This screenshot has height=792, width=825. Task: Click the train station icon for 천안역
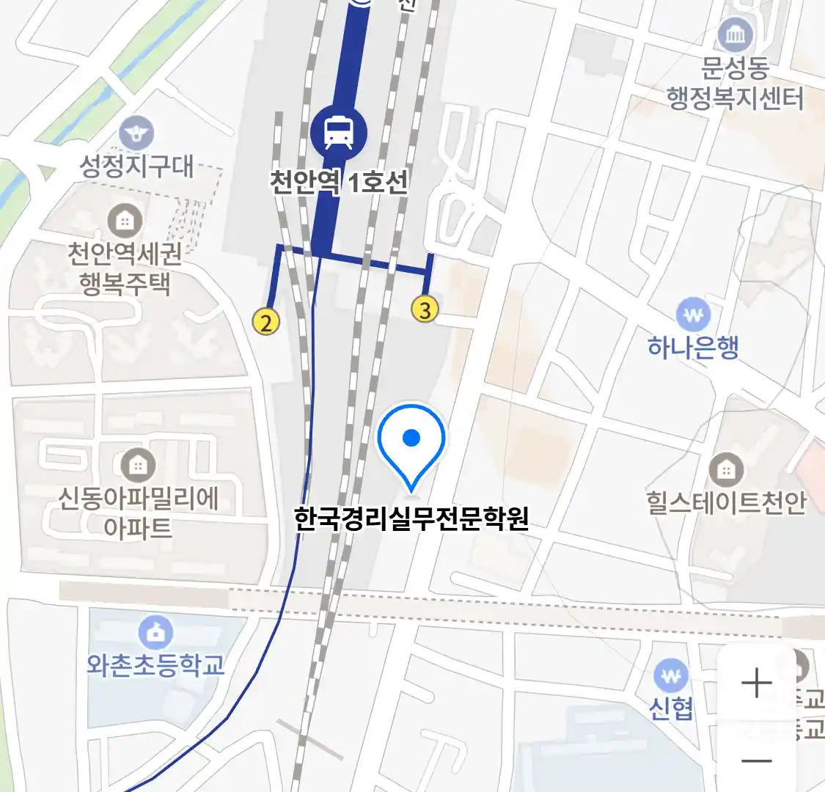pos(337,132)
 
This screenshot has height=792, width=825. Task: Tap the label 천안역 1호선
pos(338,182)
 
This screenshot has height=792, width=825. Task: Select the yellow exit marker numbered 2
pos(266,321)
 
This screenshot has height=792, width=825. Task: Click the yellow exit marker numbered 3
pos(425,309)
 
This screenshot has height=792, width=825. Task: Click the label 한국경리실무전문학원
pos(411,519)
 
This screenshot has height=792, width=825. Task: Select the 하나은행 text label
pos(693,347)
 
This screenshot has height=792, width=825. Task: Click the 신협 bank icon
pos(670,676)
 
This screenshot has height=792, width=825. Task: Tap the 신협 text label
pos(671,708)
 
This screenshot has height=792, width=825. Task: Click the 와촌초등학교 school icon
pos(155,633)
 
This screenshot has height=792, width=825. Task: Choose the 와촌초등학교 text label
pos(155,665)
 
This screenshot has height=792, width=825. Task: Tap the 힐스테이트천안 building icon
pos(726,470)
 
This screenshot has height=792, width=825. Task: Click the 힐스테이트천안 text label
pos(726,503)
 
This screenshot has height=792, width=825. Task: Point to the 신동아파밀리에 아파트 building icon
pos(137,465)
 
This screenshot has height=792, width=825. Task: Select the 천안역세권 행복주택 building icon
pos(125,221)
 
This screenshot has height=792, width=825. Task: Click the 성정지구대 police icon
pos(136,134)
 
